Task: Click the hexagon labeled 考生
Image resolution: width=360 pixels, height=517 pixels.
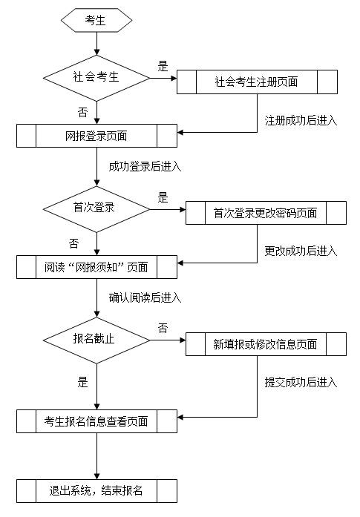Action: pyautogui.click(x=96, y=21)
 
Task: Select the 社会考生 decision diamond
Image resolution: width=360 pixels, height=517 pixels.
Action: pyautogui.click(x=96, y=78)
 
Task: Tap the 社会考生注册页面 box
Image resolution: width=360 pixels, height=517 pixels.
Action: pyautogui.click(x=257, y=82)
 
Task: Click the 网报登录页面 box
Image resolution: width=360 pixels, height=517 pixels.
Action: pyautogui.click(x=96, y=136)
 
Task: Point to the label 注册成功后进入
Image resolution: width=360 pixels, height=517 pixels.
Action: pyautogui.click(x=301, y=121)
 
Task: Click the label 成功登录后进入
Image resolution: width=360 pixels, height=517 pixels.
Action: pyautogui.click(x=145, y=166)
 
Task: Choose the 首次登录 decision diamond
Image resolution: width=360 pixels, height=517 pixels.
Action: pyautogui.click(x=96, y=209)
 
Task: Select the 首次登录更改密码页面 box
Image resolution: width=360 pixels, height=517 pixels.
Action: pyautogui.click(x=266, y=213)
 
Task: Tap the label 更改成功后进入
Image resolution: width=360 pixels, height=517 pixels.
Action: pyautogui.click(x=301, y=251)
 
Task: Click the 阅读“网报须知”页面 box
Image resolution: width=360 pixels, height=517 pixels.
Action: pyautogui.click(x=96, y=267)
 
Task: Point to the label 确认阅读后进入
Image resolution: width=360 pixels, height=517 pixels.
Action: pyautogui.click(x=145, y=297)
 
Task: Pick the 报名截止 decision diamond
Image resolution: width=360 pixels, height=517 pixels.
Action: pyautogui.click(x=96, y=340)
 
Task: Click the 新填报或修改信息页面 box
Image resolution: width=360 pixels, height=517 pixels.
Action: pyautogui.click(x=266, y=344)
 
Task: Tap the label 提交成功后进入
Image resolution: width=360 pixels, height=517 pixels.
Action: pyautogui.click(x=301, y=383)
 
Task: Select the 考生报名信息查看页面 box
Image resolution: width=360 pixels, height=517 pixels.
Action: pyautogui.click(x=96, y=421)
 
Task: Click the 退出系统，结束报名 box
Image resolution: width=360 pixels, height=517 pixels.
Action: pyautogui.click(x=96, y=491)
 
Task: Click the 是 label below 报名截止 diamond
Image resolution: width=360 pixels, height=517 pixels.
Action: pyautogui.click(x=83, y=382)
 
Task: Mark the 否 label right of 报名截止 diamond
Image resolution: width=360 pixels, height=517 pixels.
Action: pyautogui.click(x=163, y=328)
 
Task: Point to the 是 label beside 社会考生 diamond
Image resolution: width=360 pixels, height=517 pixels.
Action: pyautogui.click(x=163, y=66)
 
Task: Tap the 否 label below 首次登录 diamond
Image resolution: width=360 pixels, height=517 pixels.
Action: pyautogui.click(x=74, y=243)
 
